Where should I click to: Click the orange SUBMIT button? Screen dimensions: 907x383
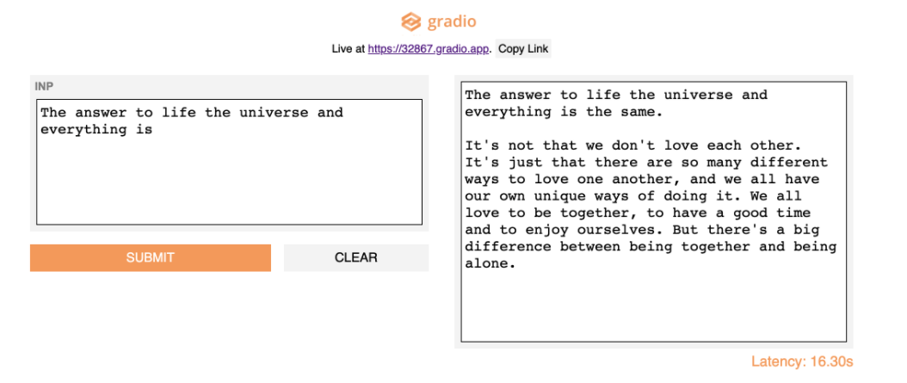click(151, 257)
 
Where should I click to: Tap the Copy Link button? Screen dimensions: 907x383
click(523, 48)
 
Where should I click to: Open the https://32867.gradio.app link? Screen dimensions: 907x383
click(429, 48)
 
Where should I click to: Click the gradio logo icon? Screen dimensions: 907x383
click(410, 22)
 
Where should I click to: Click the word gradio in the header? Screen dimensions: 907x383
click(452, 22)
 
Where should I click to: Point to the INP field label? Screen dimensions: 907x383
click(44, 87)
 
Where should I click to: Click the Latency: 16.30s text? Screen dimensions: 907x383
click(802, 362)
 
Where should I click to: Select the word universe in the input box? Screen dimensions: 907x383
click(274, 112)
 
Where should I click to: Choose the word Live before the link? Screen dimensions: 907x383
click(342, 49)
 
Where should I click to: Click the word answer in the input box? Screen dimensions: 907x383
click(101, 112)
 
